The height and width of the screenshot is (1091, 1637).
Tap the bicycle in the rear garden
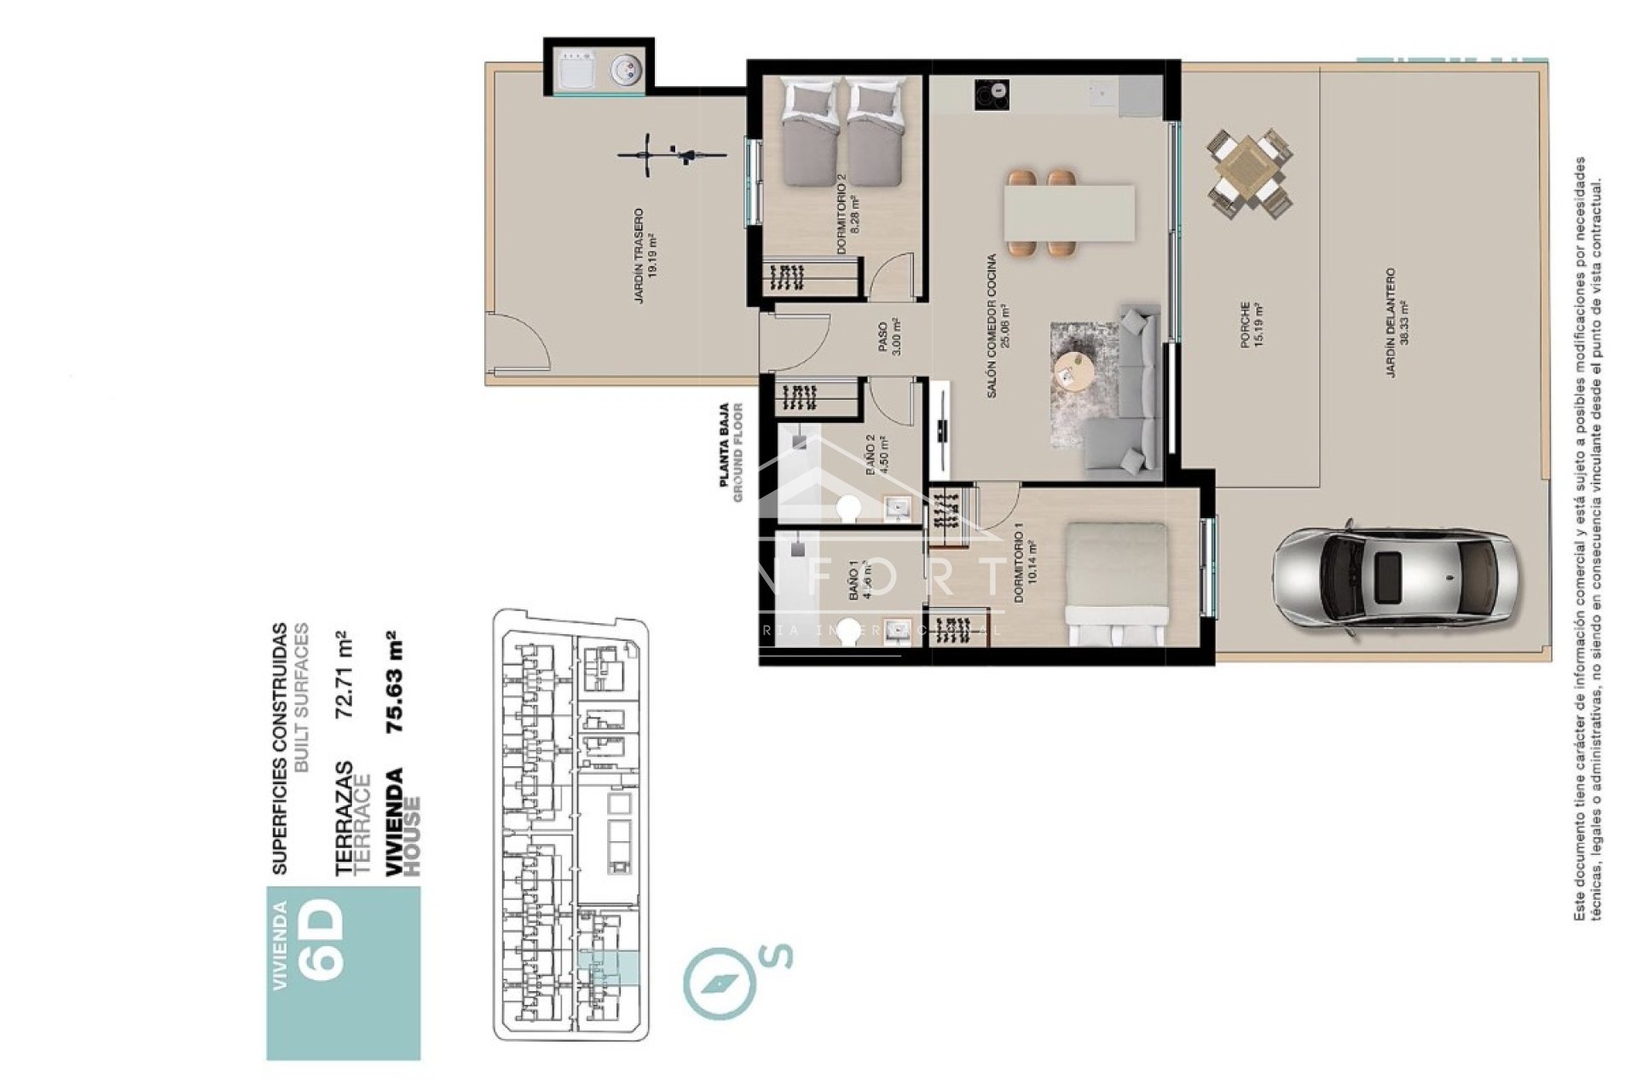pos(672,156)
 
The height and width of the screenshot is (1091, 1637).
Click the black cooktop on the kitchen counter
pos(991,94)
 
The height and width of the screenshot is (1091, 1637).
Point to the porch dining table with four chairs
pos(1249,173)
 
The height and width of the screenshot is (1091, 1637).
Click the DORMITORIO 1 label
pos(1023,569)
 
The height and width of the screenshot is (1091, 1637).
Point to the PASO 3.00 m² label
pos(888,337)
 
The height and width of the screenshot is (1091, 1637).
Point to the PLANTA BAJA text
pos(725,444)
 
